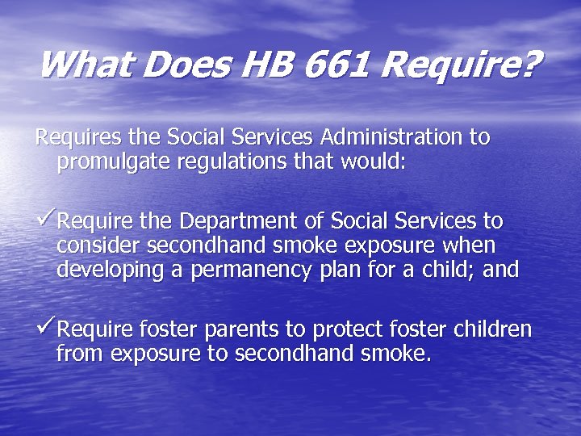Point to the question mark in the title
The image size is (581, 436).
(x=527, y=64)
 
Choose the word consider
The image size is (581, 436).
(x=95, y=245)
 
